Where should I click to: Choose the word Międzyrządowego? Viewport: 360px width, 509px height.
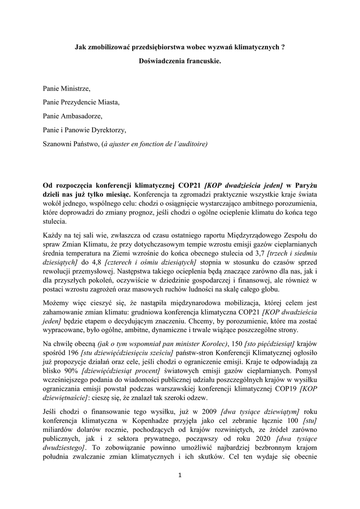(x=257, y=235)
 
